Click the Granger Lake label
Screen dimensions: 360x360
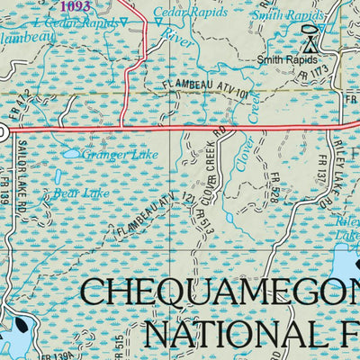point(121,154)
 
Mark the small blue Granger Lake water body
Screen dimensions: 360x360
point(70,154)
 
